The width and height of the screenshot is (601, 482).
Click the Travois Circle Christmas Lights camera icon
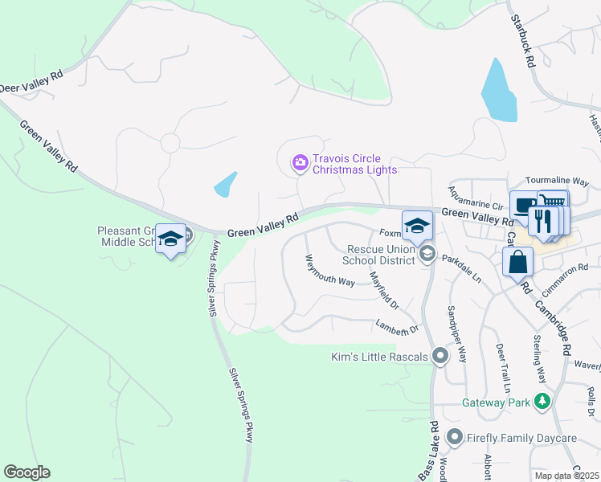pos(300,164)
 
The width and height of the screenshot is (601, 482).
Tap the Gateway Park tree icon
pos(543,401)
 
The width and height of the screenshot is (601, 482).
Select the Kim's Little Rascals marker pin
pos(440,356)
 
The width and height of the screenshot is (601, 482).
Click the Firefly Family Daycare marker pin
pos(455,438)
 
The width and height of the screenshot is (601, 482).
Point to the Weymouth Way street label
pos(329,271)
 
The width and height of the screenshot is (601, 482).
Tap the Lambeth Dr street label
pos(398,325)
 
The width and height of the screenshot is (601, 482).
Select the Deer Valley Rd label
pos(31,83)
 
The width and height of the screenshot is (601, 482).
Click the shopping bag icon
pos(518,260)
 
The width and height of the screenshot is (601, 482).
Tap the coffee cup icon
pos(523,205)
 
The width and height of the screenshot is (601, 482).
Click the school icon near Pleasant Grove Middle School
pos(170,239)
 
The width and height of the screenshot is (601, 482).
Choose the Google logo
pos(27,472)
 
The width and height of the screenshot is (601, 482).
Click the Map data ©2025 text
pos(566,476)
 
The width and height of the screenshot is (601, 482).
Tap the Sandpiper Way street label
pos(454,333)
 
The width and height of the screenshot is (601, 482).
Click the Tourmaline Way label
pos(557,182)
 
